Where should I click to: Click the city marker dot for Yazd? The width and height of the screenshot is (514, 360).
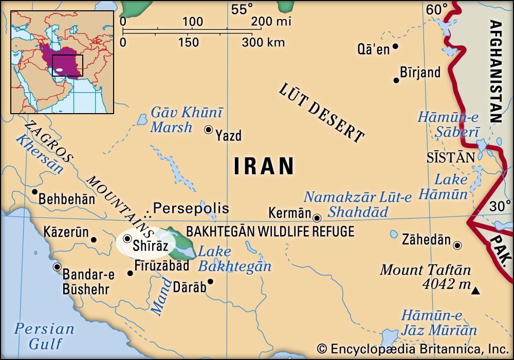pyautogui.click(x=208, y=130)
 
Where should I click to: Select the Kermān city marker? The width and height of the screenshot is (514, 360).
pyautogui.click(x=317, y=218)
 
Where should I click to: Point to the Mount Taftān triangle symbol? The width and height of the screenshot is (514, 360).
pyautogui.click(x=476, y=292)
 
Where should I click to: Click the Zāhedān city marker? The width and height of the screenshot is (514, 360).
pyautogui.click(x=457, y=245)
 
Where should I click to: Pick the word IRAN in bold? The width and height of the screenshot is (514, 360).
pyautogui.click(x=264, y=166)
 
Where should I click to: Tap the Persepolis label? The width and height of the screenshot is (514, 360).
pyautogui.click(x=191, y=208)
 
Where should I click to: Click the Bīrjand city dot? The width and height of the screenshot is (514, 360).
pyautogui.click(x=396, y=80)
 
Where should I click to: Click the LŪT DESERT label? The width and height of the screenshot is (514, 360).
pyautogui.click(x=322, y=113)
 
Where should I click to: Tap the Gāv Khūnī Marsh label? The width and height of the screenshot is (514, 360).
pyautogui.click(x=186, y=119)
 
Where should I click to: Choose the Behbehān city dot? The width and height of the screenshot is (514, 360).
pyautogui.click(x=35, y=192)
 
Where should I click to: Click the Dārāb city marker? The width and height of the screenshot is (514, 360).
pyautogui.click(x=210, y=282)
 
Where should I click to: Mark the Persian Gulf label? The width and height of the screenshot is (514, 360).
pyautogui.click(x=44, y=336)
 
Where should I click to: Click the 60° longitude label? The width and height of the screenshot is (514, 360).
pyautogui.click(x=437, y=9)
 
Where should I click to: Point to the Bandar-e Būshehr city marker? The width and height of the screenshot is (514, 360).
pyautogui.click(x=57, y=267)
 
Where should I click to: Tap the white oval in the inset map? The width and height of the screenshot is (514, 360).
pyautogui.click(x=60, y=69)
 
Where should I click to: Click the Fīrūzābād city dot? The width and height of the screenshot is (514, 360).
pyautogui.click(x=130, y=273)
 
